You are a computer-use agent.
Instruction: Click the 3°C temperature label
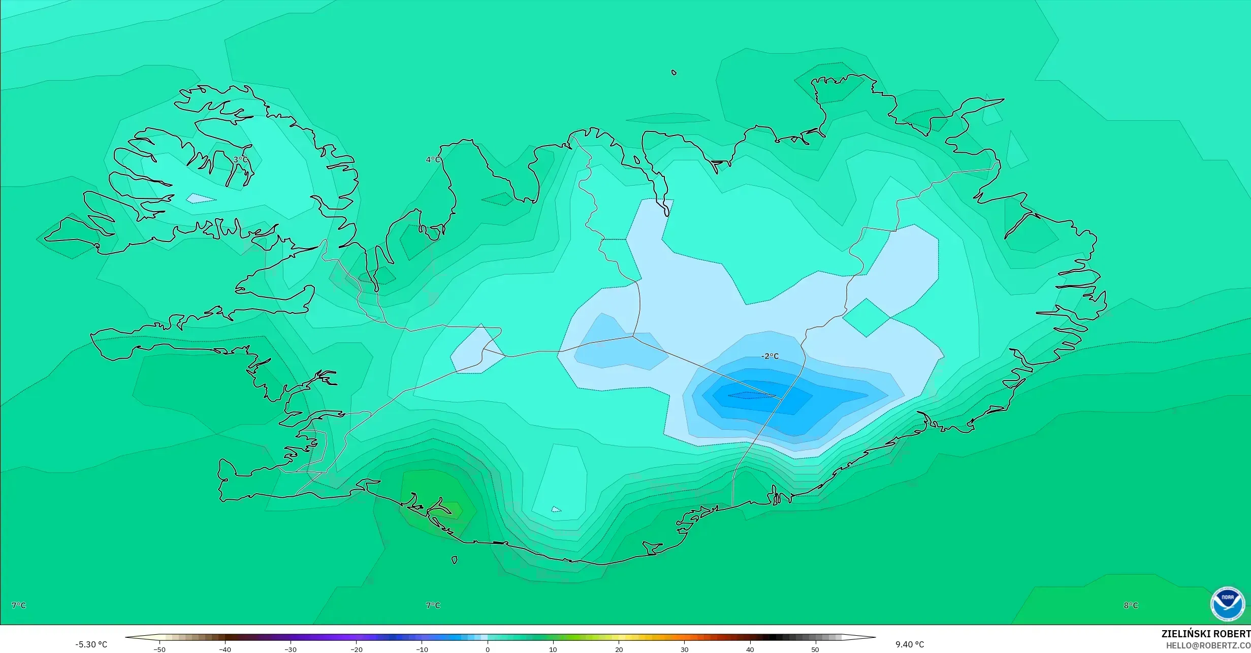pyautogui.click(x=241, y=160)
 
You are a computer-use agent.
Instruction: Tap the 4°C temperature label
pyautogui.click(x=433, y=160)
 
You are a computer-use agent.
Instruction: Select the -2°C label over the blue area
pyautogui.click(x=769, y=356)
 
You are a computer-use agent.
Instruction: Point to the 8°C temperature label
pyautogui.click(x=1131, y=605)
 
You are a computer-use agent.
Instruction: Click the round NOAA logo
pyautogui.click(x=1227, y=604)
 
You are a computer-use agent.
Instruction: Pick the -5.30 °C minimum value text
pyautogui.click(x=91, y=644)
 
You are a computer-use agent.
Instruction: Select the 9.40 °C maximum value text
pyautogui.click(x=910, y=644)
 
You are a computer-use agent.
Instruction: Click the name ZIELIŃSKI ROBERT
pyautogui.click(x=1206, y=634)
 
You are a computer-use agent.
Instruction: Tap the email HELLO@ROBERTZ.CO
pyautogui.click(x=1208, y=645)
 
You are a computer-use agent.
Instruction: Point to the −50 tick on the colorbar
pyautogui.click(x=159, y=649)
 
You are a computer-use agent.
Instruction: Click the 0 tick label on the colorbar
pyautogui.click(x=488, y=649)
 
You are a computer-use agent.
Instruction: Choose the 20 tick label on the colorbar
pyautogui.click(x=619, y=649)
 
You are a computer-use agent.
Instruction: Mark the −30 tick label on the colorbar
pyautogui.click(x=291, y=649)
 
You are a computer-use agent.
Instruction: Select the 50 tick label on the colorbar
pyautogui.click(x=815, y=649)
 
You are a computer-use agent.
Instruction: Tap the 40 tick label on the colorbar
pyautogui.click(x=750, y=649)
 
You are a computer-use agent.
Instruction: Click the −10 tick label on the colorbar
pyautogui.click(x=422, y=649)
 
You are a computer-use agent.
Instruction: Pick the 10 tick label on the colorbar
pyautogui.click(x=553, y=649)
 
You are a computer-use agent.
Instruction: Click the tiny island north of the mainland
pyautogui.click(x=674, y=73)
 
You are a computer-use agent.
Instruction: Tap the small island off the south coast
pyautogui.click(x=454, y=560)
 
